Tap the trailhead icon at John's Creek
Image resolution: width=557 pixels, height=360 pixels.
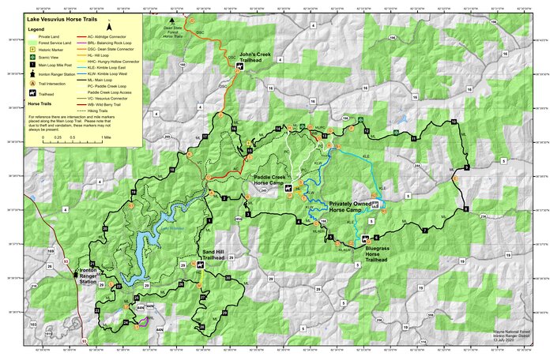[x=232, y=57]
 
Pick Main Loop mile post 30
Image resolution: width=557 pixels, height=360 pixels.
[x=228, y=278]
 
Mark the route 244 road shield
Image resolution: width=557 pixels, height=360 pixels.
[x=417, y=167]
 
